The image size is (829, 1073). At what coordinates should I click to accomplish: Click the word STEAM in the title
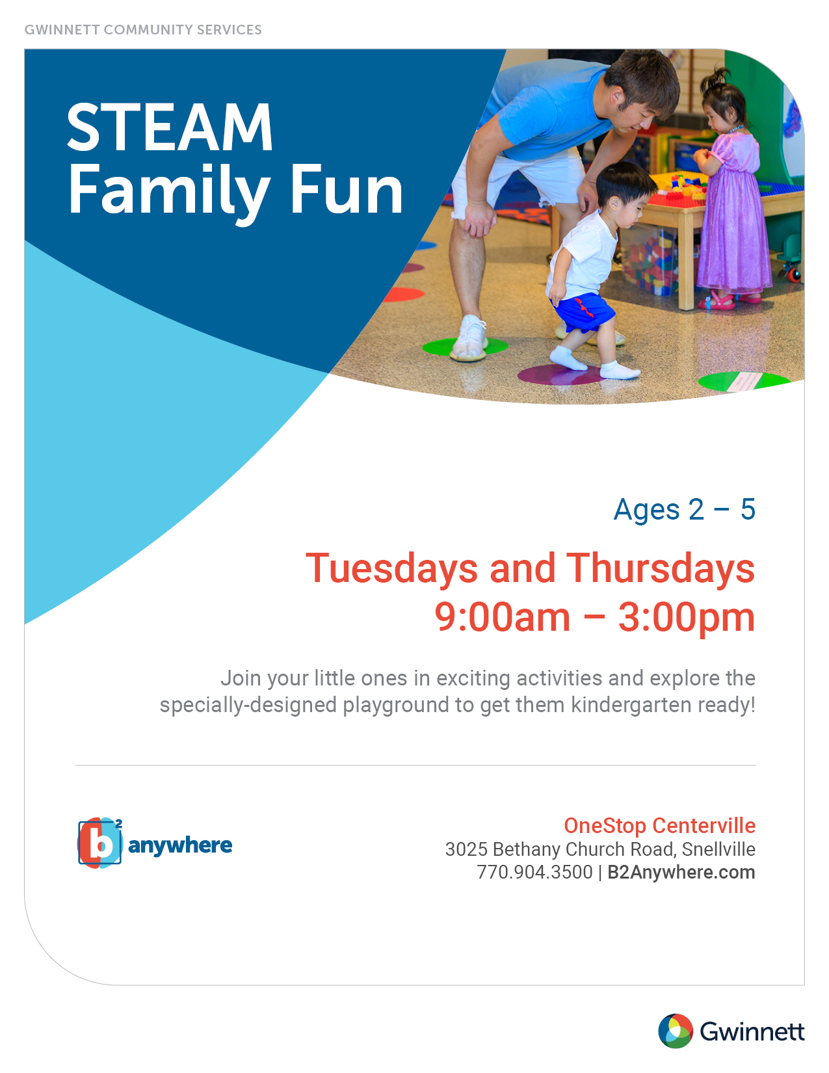(x=169, y=127)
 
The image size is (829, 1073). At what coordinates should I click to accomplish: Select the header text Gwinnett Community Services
(x=143, y=30)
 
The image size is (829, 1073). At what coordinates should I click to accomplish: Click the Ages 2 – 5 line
(x=685, y=509)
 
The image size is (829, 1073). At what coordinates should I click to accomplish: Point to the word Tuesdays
(x=391, y=568)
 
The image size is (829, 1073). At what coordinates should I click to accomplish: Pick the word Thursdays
(x=661, y=568)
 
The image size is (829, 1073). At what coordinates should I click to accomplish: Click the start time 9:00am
(x=502, y=617)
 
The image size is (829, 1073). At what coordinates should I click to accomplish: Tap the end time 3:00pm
(x=687, y=618)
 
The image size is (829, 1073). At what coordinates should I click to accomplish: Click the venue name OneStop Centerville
(x=660, y=826)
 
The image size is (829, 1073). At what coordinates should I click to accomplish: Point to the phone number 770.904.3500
(x=534, y=872)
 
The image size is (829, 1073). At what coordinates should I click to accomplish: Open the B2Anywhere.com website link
(x=681, y=873)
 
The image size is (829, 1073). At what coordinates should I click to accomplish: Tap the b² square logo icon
(x=100, y=843)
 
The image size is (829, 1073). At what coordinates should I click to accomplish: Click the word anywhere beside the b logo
(x=179, y=846)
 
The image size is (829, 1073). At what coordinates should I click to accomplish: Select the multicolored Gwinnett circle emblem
(x=676, y=1031)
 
